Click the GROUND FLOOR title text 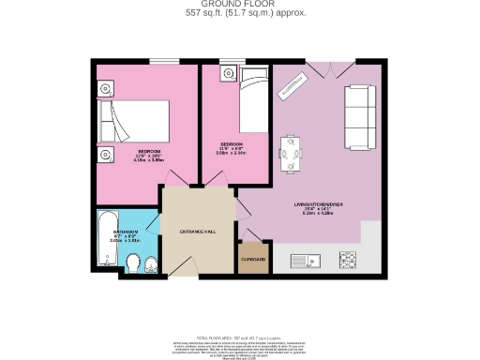click(240, 5)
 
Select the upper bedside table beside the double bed click(106, 89)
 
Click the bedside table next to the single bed click(226, 73)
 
